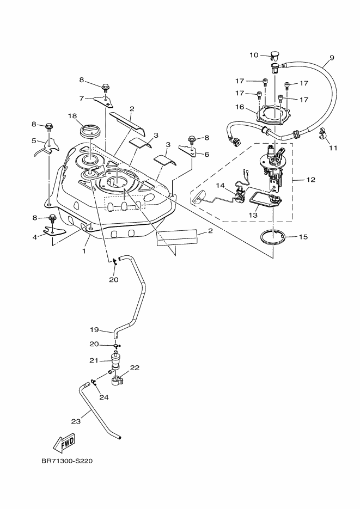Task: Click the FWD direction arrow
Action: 64,443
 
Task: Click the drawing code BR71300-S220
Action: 67,461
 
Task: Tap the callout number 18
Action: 72,116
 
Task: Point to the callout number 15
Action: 304,237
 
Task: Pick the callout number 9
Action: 332,58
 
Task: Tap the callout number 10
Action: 254,54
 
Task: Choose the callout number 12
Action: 311,179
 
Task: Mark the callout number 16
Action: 239,107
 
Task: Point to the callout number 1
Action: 84,252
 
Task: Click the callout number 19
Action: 93,330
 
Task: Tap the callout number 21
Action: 93,360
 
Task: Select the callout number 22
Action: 135,367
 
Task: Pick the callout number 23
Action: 76,420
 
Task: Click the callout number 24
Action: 104,397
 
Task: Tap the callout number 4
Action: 35,237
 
